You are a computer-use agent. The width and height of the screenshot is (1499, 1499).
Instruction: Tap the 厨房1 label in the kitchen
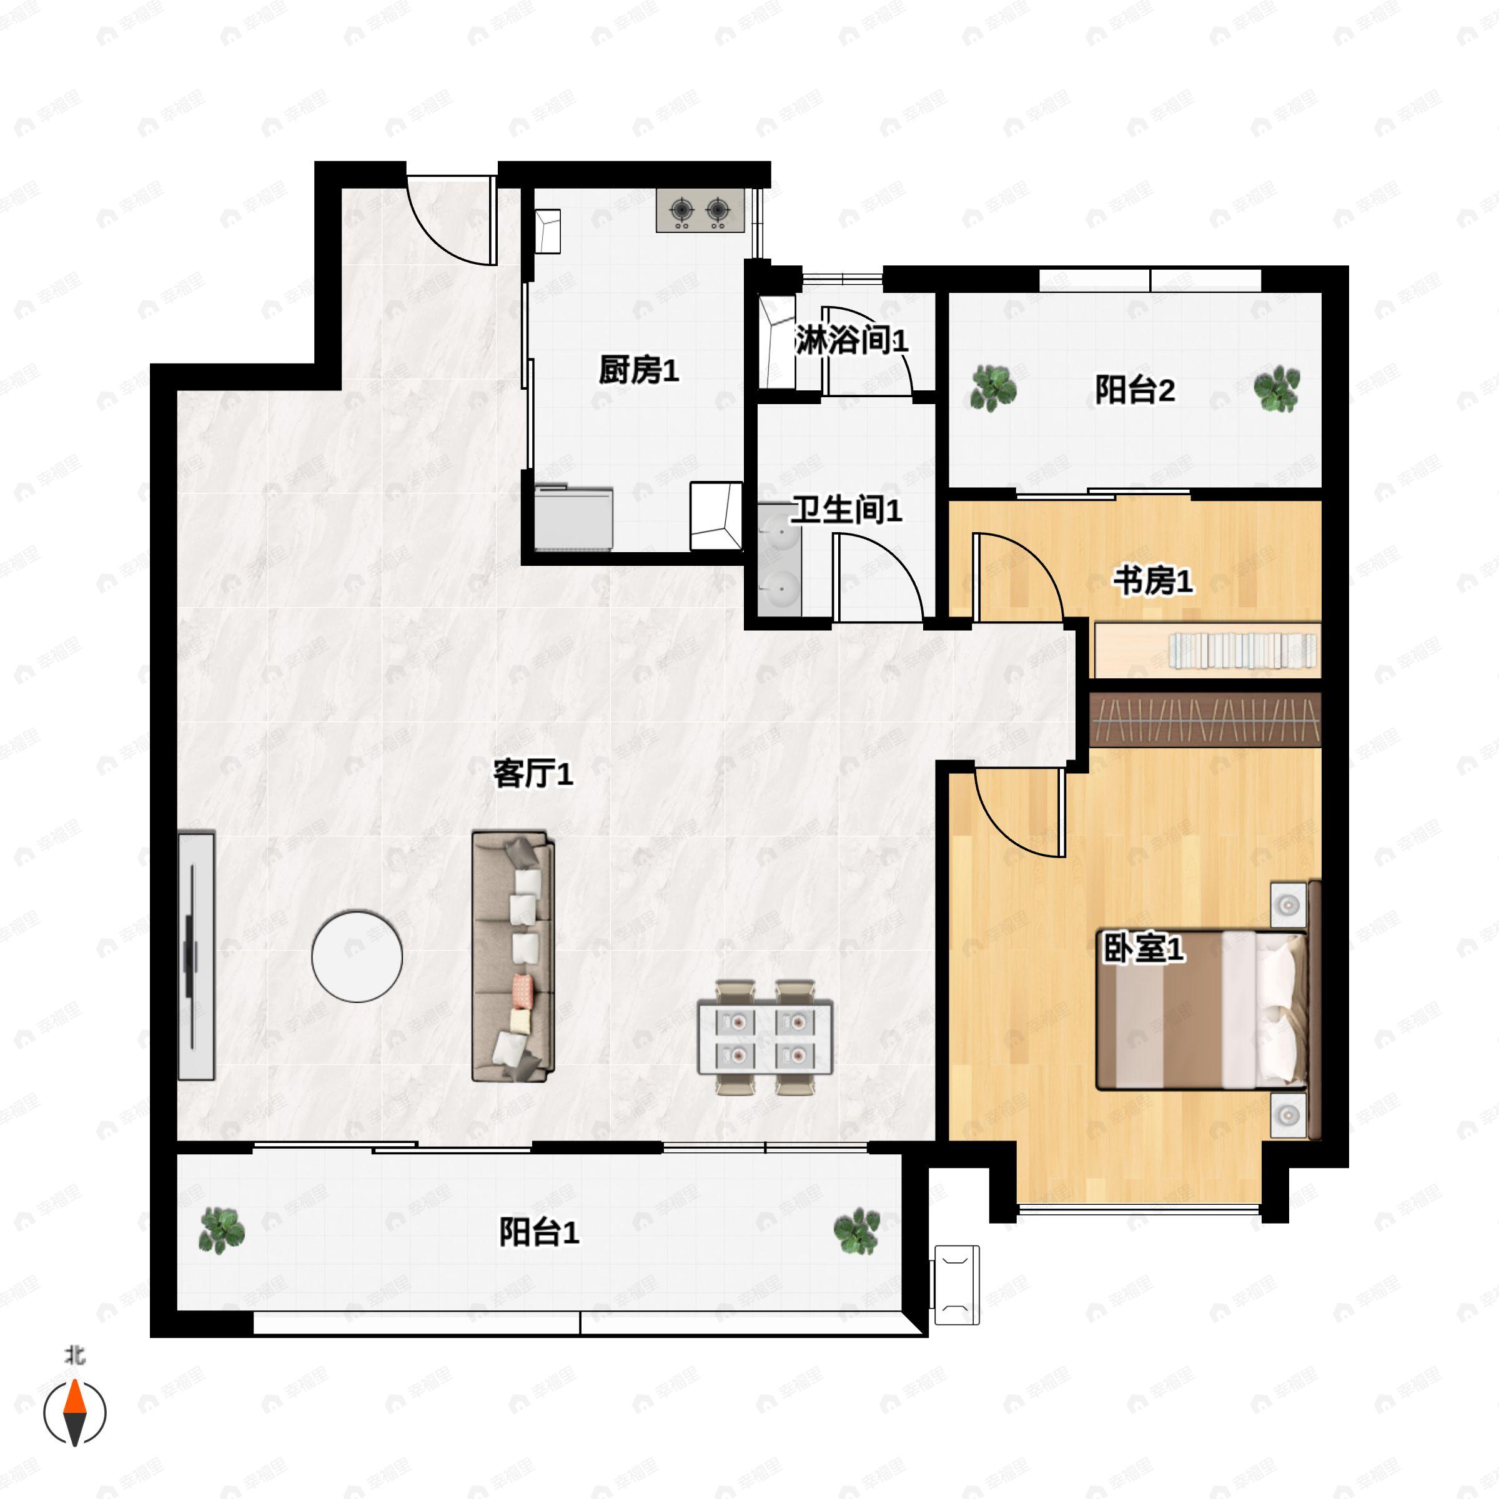[638, 371]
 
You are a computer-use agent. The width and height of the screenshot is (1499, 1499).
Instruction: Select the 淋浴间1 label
[851, 342]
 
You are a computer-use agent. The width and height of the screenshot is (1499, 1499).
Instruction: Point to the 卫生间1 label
[846, 510]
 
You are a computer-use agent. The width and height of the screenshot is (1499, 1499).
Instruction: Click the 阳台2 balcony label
[1134, 390]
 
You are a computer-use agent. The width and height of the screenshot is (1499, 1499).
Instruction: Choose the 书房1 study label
[1153, 580]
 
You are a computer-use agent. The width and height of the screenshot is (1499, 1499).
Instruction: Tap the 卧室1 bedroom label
[1144, 949]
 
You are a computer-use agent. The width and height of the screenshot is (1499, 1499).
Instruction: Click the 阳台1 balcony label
[538, 1232]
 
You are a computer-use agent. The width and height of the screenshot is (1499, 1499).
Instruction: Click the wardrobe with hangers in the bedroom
[1204, 720]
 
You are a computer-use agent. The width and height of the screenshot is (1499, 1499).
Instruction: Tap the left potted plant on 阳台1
[223, 1230]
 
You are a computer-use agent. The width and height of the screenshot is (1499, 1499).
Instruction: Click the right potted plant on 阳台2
[1276, 388]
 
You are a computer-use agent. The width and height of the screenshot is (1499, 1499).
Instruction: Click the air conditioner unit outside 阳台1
[957, 1285]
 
